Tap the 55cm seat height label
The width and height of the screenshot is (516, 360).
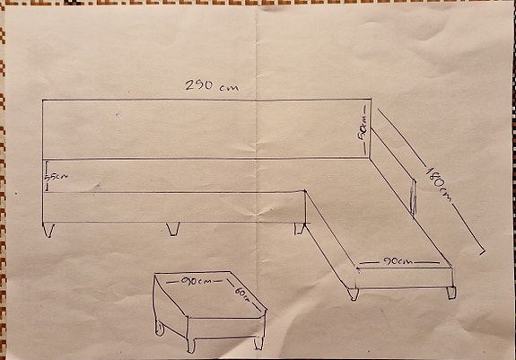pyautogui.click(x=57, y=178)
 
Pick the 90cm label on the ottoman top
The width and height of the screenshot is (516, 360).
pyautogui.click(x=196, y=281)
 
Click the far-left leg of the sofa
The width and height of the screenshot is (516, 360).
pyautogui.click(x=51, y=229)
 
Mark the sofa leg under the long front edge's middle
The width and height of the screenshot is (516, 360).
pyautogui.click(x=173, y=229)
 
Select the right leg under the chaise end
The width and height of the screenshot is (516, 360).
pyautogui.click(x=452, y=291)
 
